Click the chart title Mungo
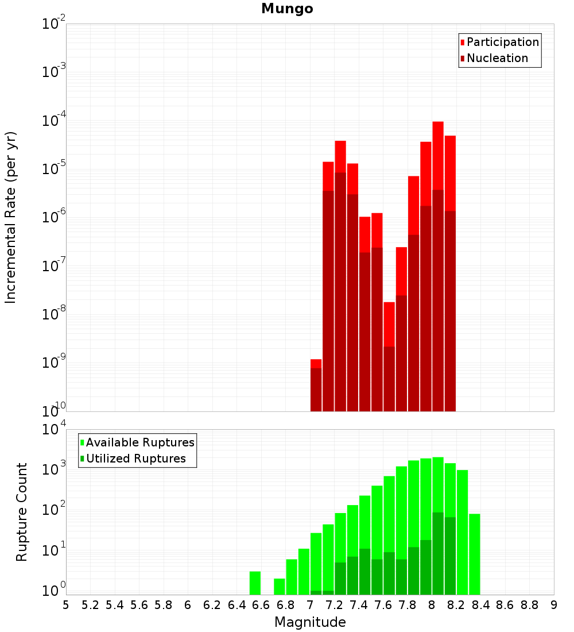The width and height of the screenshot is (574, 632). click(287, 9)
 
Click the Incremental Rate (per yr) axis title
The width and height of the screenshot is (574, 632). click(11, 217)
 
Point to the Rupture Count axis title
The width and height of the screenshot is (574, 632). click(22, 512)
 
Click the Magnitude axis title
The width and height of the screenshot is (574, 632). click(310, 622)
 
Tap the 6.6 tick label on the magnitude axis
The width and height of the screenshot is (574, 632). click(261, 605)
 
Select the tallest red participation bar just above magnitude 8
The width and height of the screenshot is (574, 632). click(438, 155)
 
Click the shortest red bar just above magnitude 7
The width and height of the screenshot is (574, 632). click(316, 364)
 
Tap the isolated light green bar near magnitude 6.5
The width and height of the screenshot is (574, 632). click(255, 583)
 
